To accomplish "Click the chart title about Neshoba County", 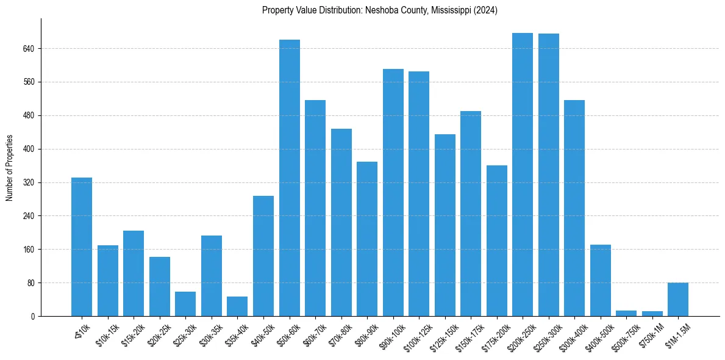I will pyautogui.click(x=380, y=10).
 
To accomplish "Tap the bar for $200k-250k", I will pyautogui.click(x=523, y=175).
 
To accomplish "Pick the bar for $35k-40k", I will pyautogui.click(x=237, y=306).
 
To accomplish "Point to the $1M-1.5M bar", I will pyautogui.click(x=678, y=300).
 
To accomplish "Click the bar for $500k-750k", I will pyautogui.click(x=626, y=313).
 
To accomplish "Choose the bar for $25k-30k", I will pyautogui.click(x=185, y=304).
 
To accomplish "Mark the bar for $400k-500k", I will pyautogui.click(x=601, y=281).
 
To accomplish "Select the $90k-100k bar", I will pyautogui.click(x=393, y=193).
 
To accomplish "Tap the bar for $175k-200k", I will pyautogui.click(x=496, y=241).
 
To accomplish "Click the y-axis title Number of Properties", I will pyautogui.click(x=10, y=168).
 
